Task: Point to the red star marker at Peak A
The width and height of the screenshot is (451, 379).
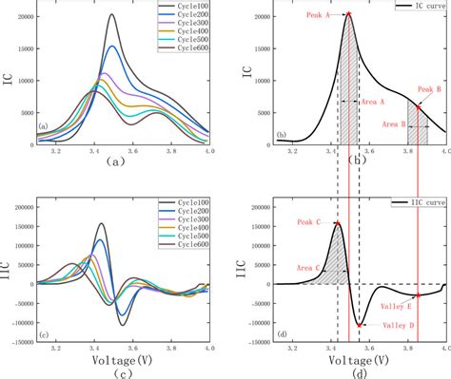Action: coord(348,14)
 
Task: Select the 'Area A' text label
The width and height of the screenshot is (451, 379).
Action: coord(371,102)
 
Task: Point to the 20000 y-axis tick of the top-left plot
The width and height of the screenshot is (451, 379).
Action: coord(20,17)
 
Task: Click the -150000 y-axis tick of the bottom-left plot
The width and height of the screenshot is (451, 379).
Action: coord(18,343)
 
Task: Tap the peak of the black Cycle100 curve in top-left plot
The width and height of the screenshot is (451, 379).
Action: coord(112,15)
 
